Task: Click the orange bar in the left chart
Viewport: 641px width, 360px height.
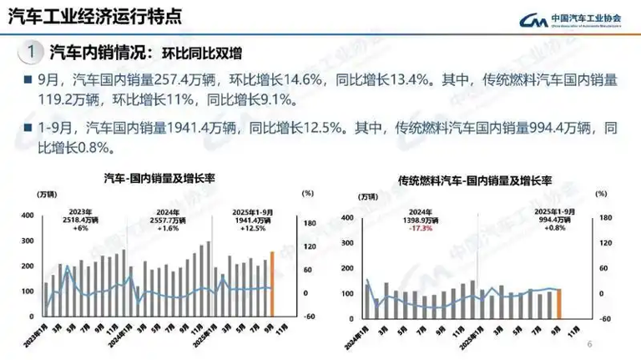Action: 271,284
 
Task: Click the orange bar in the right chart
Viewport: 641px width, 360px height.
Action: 559,303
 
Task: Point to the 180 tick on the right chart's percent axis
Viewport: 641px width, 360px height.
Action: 607,218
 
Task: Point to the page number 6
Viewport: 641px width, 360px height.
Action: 589,344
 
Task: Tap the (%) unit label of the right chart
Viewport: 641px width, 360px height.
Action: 601,195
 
